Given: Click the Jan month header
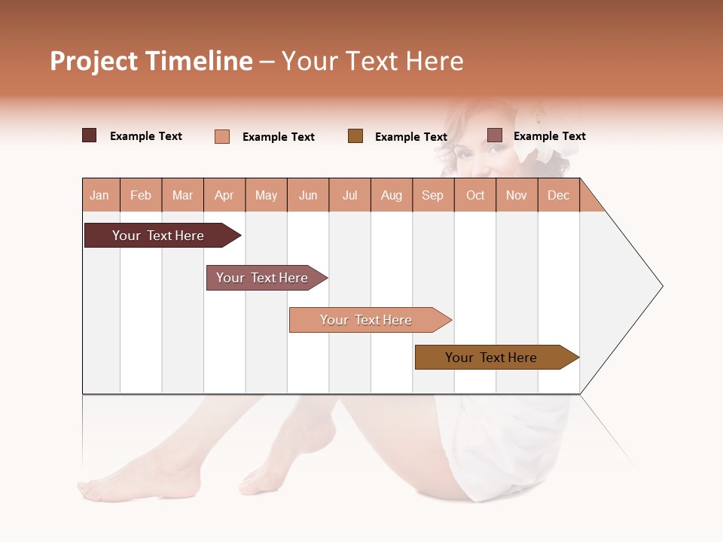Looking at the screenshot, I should point(99,195).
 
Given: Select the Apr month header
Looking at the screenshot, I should point(224,195).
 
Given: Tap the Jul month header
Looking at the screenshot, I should point(349,195).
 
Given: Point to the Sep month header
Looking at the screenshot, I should point(432,195).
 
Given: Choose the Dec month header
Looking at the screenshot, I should point(558,195).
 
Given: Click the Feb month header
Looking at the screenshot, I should point(141,195).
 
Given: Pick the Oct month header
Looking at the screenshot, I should point(475,195).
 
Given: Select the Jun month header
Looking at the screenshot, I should point(308,195).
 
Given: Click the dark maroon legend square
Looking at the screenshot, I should point(89,135).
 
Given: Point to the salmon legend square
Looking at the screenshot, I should point(221,136).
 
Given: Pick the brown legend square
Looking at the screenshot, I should point(355,135).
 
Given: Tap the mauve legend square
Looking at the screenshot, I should point(494,135).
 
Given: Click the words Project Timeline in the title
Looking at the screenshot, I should point(151,61).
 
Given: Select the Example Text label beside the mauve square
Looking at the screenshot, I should point(549,136).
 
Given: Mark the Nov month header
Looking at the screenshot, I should point(517,195).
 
